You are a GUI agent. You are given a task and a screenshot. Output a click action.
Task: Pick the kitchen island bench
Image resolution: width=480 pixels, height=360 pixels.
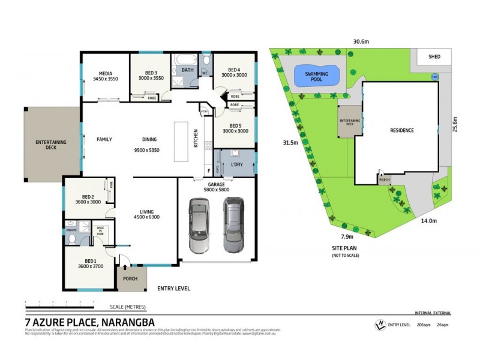coord(181,142)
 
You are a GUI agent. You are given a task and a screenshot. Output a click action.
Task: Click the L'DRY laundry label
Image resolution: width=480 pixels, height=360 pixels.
coord(237,164)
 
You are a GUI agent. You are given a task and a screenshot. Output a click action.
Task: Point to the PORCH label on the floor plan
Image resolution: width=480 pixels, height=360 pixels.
coord(130,278)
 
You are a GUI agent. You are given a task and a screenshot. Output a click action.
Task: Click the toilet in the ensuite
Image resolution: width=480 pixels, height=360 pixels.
coord(73,239)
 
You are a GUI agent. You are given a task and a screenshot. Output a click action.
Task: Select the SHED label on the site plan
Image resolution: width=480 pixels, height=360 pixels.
coord(434,57)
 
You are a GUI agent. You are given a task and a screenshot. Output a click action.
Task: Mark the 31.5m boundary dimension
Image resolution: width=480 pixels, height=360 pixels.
coord(290,143)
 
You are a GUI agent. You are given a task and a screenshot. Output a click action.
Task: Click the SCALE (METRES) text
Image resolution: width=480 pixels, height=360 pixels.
coord(128,307)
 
